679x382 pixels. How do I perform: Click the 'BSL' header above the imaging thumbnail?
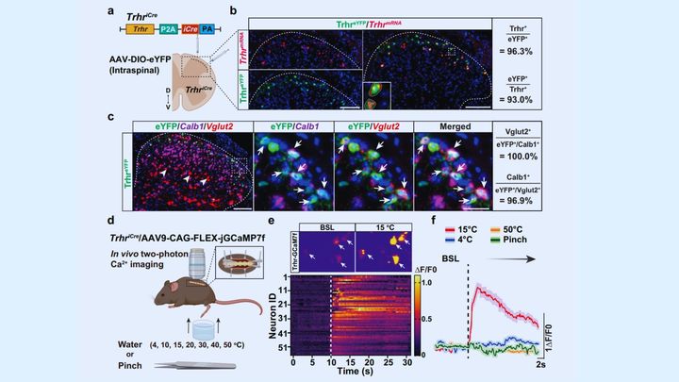point(324,226)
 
